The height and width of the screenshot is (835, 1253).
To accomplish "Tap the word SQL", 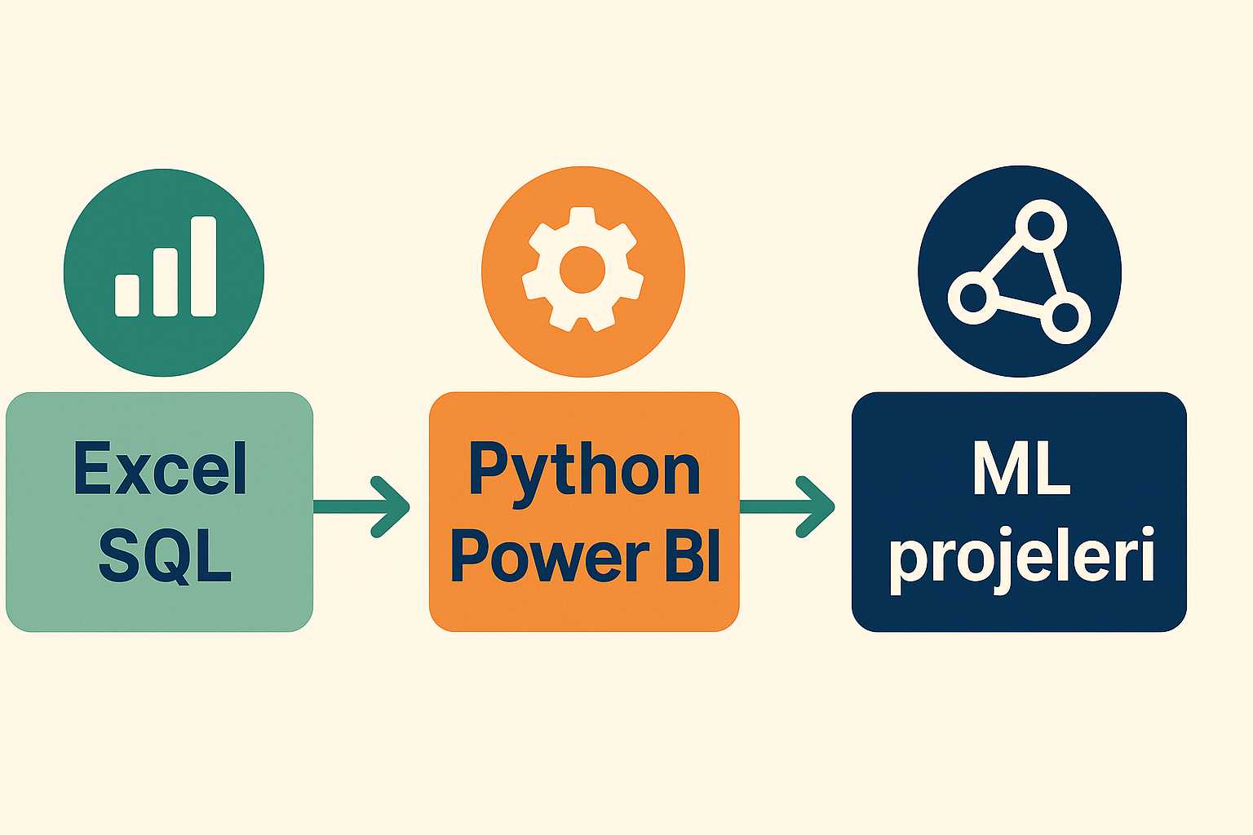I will (x=165, y=555).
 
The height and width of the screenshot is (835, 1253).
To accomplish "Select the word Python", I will (x=584, y=471).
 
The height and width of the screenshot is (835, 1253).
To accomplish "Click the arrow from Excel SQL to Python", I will (x=363, y=506).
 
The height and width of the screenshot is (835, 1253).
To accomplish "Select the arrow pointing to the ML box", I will (x=788, y=506).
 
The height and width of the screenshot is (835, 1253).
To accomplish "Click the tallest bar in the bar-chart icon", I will (x=203, y=266).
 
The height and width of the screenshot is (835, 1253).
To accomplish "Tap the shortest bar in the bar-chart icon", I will (x=127, y=295).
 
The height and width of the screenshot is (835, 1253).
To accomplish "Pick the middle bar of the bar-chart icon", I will (x=166, y=282).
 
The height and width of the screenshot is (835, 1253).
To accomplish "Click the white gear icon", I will (x=582, y=268).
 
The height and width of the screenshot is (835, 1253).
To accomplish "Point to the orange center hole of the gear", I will (x=582, y=269).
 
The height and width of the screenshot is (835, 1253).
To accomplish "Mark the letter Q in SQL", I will (x=166, y=557).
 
